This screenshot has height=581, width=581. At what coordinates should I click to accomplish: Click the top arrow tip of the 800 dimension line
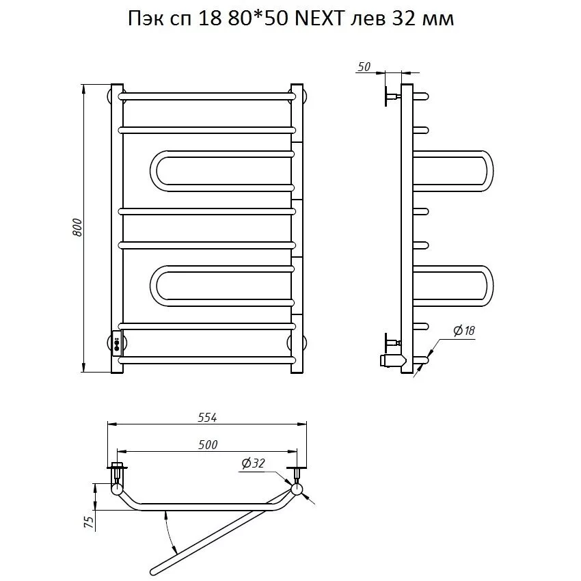(85, 85)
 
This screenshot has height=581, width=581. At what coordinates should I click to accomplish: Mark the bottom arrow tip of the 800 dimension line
(85, 372)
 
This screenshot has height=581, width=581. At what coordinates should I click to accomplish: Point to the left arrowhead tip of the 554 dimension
(107, 424)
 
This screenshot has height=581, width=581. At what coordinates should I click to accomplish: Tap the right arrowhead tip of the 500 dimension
(297, 451)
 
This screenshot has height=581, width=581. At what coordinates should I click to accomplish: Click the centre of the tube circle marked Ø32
(297, 489)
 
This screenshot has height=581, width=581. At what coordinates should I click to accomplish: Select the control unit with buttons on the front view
(117, 342)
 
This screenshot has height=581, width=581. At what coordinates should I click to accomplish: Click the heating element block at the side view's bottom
(391, 360)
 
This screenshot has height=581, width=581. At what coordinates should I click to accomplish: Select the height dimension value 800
(77, 228)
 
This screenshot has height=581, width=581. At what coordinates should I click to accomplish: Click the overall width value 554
(207, 417)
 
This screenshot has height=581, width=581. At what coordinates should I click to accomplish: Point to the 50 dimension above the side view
(364, 67)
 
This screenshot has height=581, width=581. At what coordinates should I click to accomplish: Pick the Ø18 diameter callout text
(464, 330)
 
